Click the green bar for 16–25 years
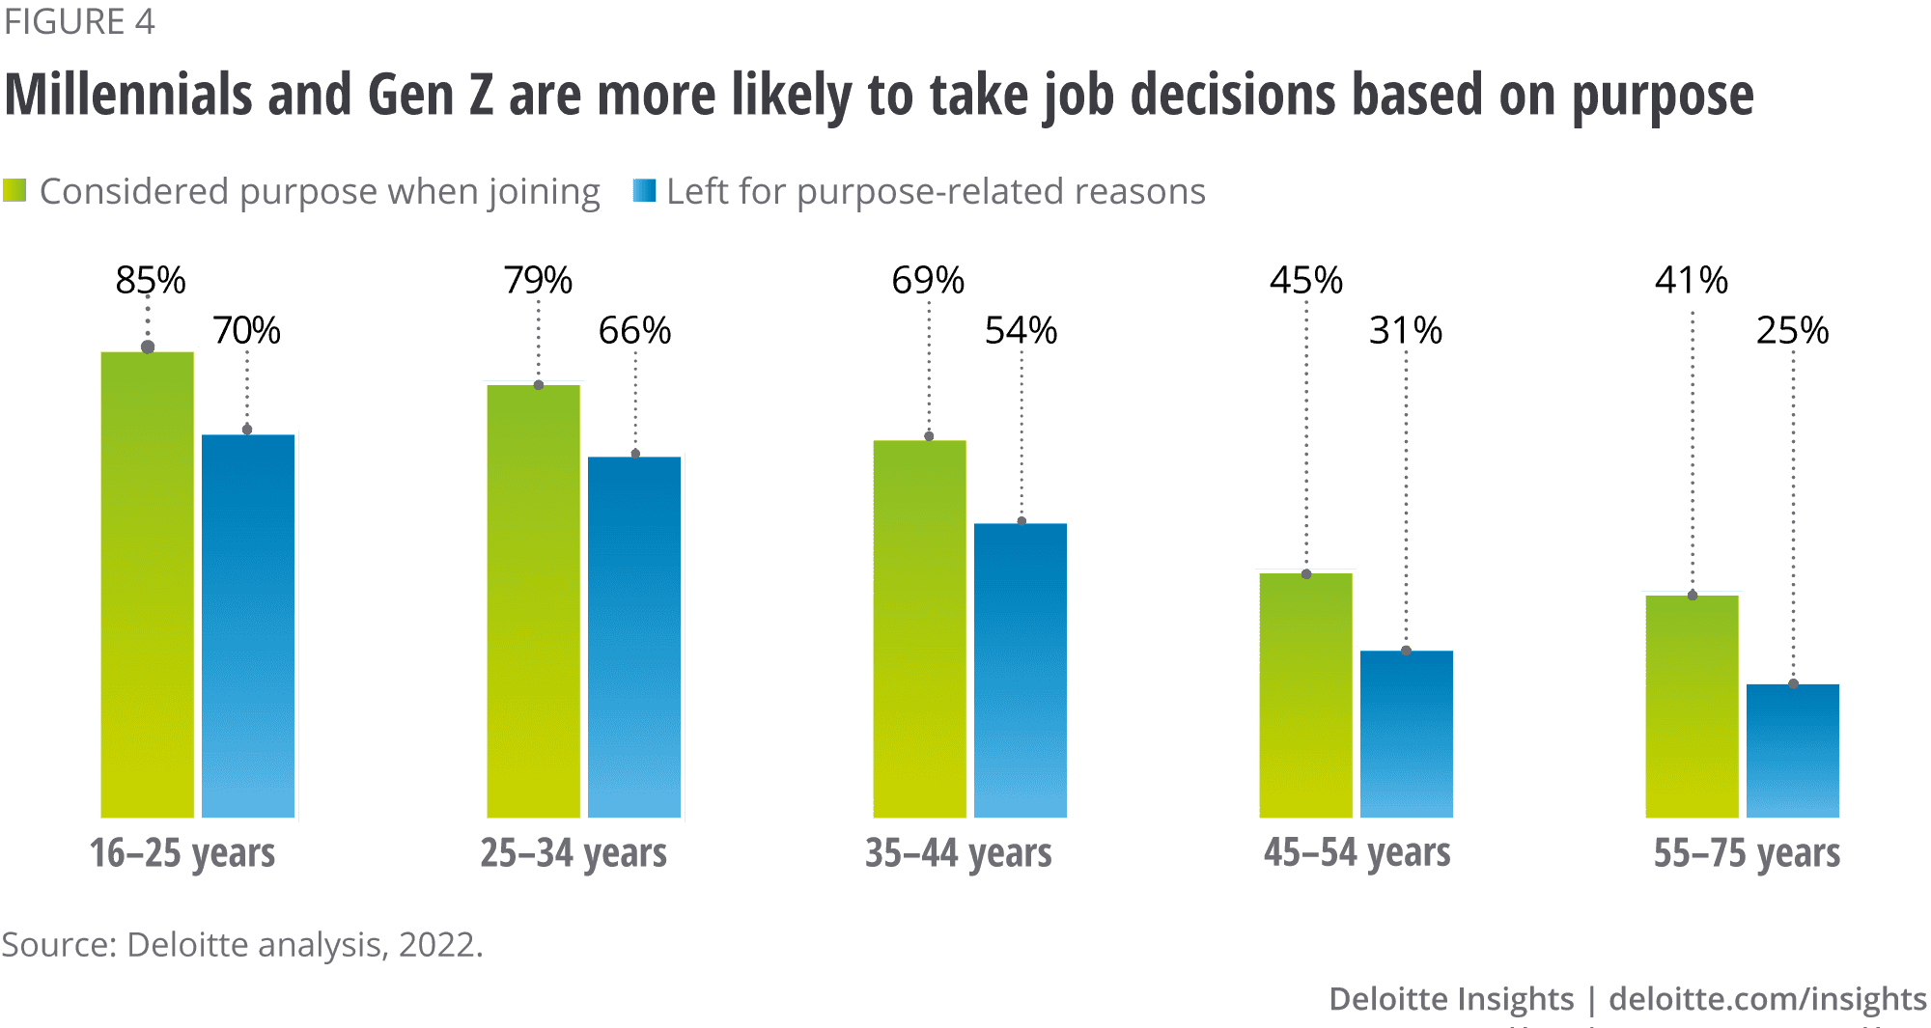(x=148, y=584)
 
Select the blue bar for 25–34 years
(x=635, y=637)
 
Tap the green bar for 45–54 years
(x=1306, y=695)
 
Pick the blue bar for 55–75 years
(x=1794, y=751)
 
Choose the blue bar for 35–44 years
(x=1021, y=670)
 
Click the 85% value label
(x=151, y=281)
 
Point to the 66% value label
(x=634, y=331)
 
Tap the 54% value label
(x=1021, y=331)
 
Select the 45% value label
(x=1305, y=281)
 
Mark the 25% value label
(x=1792, y=331)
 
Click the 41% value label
(x=1691, y=281)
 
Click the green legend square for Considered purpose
(x=14, y=190)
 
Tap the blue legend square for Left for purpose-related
(x=644, y=190)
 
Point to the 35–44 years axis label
(x=958, y=853)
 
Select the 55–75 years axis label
(x=1747, y=853)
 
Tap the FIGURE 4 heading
(x=79, y=21)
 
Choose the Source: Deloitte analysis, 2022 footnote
(x=241, y=944)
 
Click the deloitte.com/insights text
(x=1768, y=999)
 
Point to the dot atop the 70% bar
(x=247, y=430)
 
